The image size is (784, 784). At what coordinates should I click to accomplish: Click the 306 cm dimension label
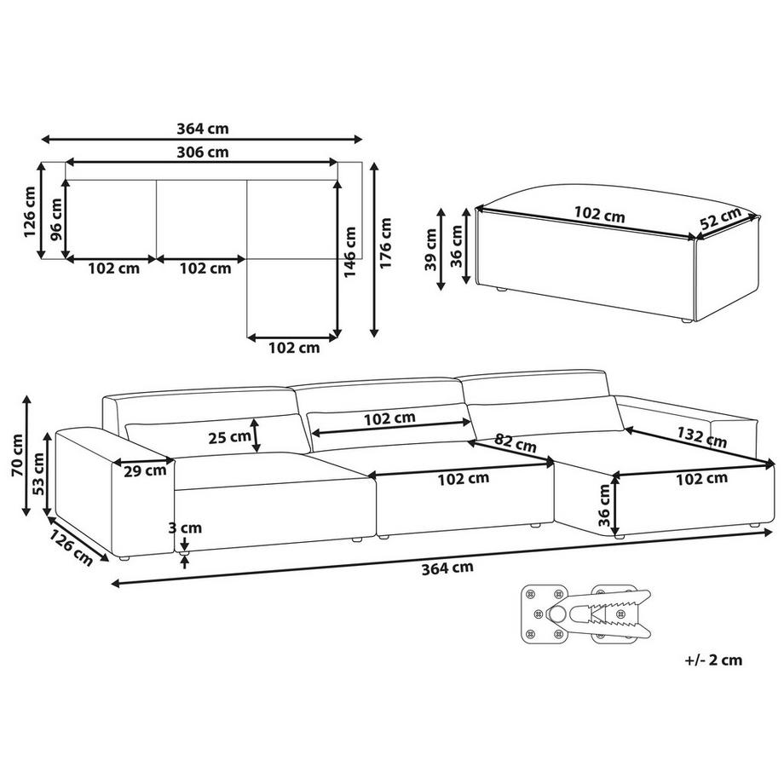[203, 152]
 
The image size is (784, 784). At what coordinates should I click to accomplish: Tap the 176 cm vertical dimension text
[385, 243]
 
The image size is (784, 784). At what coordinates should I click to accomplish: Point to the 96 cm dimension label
[55, 219]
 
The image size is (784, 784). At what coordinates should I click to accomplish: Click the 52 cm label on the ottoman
[720, 218]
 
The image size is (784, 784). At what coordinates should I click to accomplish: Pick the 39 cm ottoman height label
[430, 250]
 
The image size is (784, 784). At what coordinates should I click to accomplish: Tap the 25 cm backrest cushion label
[229, 437]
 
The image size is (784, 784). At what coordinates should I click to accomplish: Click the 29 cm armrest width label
[145, 470]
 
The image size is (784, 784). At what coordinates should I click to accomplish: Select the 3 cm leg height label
[185, 527]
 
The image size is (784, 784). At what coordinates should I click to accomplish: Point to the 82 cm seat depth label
[516, 443]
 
